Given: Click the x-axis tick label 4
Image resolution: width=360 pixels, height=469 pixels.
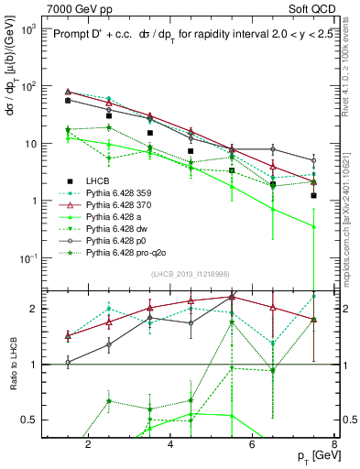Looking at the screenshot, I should [172, 444].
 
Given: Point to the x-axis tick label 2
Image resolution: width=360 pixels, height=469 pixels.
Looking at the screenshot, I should [88, 444].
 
